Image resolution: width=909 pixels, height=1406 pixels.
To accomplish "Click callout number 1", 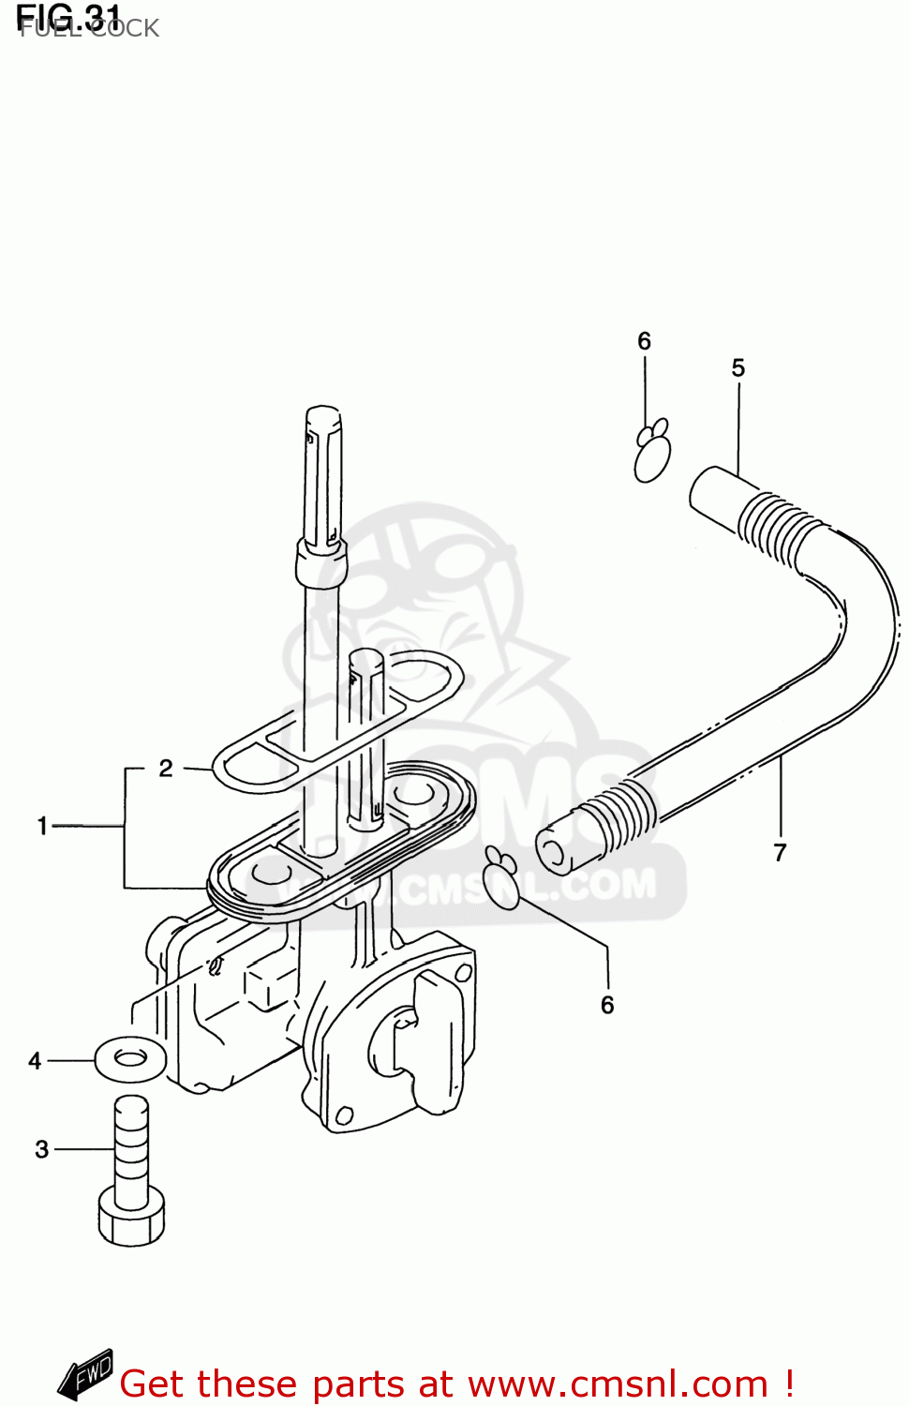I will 42,826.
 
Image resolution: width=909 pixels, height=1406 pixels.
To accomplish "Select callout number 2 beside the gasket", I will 166,769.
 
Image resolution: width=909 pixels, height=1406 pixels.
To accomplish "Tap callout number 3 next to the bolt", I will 42,1149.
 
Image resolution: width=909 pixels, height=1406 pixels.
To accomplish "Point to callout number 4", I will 36,1061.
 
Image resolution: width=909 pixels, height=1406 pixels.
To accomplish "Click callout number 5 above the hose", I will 738,368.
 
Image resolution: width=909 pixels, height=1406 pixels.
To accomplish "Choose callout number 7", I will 780,852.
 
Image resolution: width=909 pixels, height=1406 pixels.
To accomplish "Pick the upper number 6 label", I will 644,341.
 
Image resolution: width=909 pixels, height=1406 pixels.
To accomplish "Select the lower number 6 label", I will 607,1005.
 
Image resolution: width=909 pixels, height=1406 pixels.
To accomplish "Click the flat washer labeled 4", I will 130,1059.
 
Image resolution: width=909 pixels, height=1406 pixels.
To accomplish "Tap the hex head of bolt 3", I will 131,1219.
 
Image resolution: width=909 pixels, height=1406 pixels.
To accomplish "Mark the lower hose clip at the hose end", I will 503,878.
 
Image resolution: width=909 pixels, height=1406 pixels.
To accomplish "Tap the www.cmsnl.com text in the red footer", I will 618,1384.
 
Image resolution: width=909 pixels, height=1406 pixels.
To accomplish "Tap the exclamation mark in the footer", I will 789,1384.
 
